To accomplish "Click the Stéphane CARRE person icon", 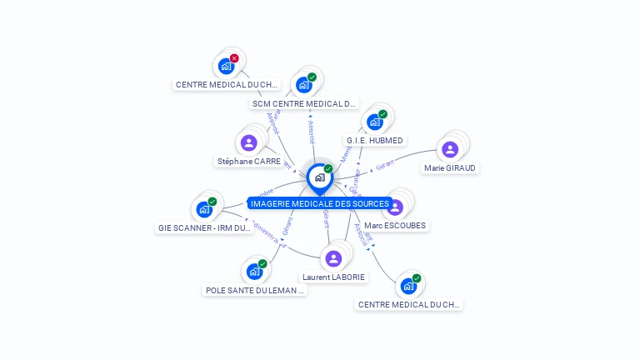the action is (248, 142).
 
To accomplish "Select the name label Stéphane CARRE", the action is (248, 162).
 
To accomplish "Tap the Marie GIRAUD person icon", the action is (450, 149).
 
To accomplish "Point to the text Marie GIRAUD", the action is (451, 168).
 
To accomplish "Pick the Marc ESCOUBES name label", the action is (395, 226).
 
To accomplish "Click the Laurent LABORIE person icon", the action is (333, 258).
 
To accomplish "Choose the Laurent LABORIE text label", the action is (333, 277).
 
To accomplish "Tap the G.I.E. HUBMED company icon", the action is (375, 122).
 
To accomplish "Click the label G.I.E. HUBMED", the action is (375, 141).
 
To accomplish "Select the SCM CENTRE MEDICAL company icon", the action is (304, 85).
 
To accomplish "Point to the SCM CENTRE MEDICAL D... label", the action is (304, 104).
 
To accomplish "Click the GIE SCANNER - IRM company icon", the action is (204, 209).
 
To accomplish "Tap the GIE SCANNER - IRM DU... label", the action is (204, 228).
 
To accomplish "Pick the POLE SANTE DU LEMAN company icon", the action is (254, 272).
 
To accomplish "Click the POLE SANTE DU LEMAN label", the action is (255, 291).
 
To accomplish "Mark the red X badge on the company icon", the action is (234, 58).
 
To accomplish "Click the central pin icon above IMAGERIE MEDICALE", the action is (319, 177).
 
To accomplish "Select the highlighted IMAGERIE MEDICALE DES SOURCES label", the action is (319, 204).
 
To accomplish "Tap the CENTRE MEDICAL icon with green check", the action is (408, 286).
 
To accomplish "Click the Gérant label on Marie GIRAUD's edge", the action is (384, 166).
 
